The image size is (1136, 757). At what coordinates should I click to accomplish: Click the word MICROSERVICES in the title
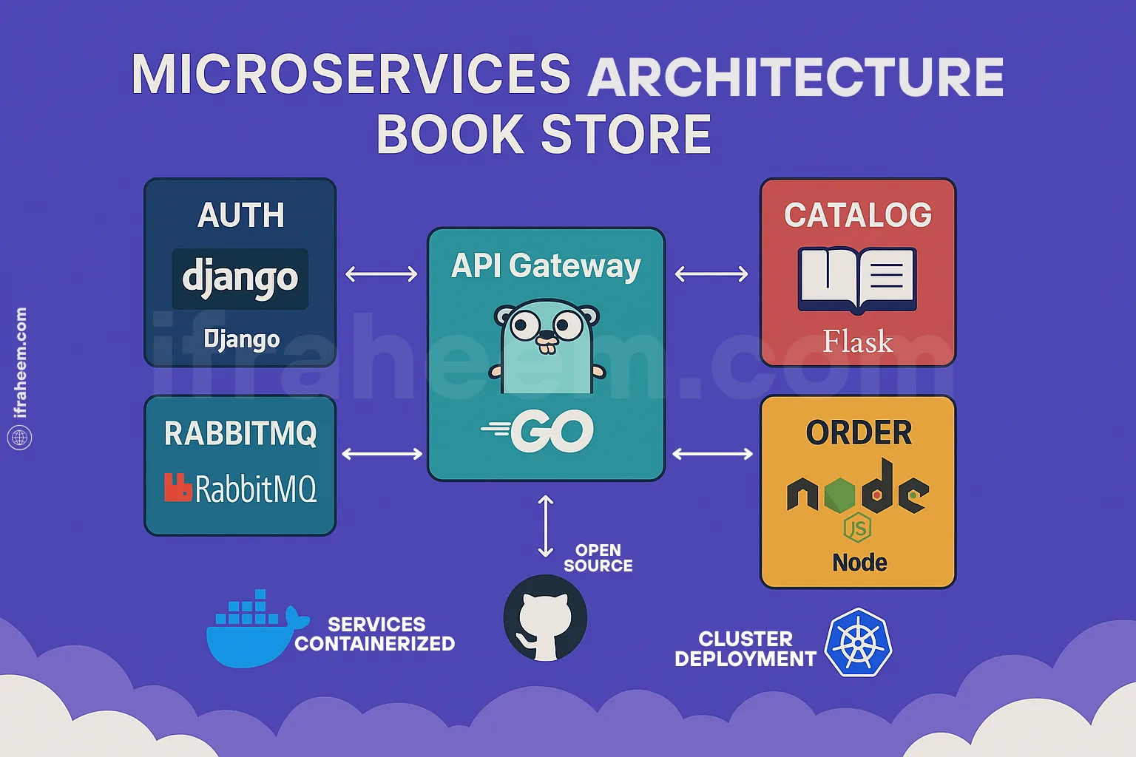coord(351,75)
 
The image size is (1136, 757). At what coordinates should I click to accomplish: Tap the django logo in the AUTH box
coord(240,279)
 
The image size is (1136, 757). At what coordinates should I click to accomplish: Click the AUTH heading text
coord(241,216)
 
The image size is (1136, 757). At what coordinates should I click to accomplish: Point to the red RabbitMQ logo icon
coord(177,488)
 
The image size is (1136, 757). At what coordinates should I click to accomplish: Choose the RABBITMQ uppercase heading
coord(240,434)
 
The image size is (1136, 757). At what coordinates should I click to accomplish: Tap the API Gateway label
coord(546,266)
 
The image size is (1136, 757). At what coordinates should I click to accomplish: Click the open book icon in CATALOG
coord(857,279)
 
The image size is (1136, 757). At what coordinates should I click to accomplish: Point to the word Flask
coord(858,342)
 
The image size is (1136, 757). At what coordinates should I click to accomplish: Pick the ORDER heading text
coord(859,433)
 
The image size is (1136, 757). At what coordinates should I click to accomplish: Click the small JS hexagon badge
coord(857,528)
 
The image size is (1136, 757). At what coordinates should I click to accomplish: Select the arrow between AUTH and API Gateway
coord(382,274)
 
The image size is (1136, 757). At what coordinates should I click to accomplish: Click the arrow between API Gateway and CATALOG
coord(711,274)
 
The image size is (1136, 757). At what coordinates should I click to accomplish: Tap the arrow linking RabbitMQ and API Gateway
coord(382,454)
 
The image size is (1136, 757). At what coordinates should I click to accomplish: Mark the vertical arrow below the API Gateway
coord(546,526)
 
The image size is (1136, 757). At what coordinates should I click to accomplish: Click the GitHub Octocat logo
coord(546,618)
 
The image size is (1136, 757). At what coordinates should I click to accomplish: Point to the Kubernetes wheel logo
coord(858,643)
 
